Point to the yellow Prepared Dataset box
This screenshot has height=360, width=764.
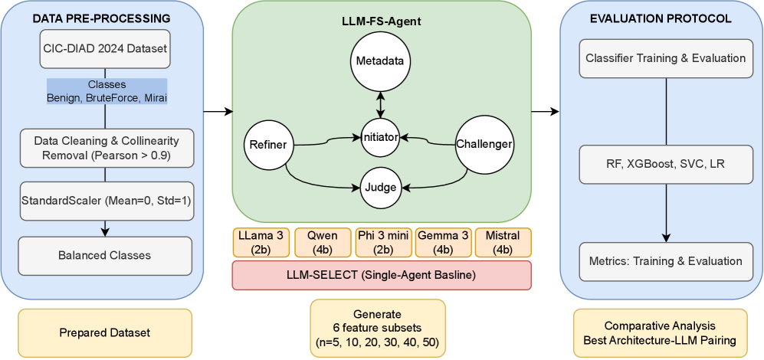pos(105,332)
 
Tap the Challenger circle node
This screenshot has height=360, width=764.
pos(484,143)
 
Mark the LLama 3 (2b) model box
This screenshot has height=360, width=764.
pos(261,242)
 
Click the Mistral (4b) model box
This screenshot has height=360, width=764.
pos(503,242)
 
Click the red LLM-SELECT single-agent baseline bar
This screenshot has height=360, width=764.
pos(381,274)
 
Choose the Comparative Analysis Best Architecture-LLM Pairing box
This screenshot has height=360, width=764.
pos(660,332)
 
